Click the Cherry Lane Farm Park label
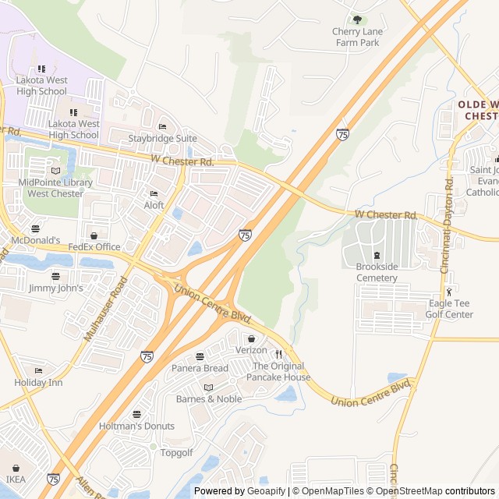[x=357, y=37]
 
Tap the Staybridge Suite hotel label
[x=162, y=138]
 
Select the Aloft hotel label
[x=154, y=205]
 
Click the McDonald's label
[x=35, y=239]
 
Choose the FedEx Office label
[x=94, y=246]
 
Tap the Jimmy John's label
[x=55, y=288]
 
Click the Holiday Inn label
[x=38, y=382]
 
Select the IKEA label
[x=16, y=479]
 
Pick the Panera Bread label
[x=200, y=368]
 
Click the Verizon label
[x=251, y=350]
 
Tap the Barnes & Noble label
[x=208, y=399]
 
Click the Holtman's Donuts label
[x=136, y=426]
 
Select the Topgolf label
[x=176, y=452]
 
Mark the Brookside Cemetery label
[x=377, y=272]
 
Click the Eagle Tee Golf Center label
[x=451, y=309]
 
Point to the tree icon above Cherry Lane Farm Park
[x=357, y=20]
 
